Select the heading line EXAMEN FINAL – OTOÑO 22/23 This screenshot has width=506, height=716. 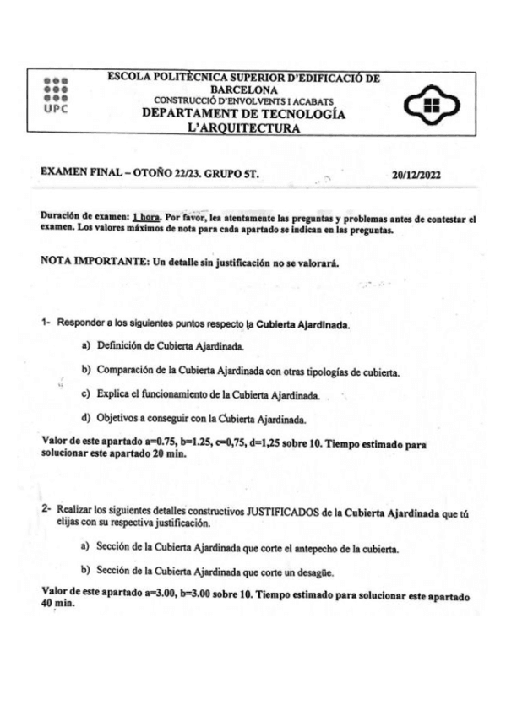[x=152, y=175]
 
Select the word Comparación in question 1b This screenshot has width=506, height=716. [x=131, y=371]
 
